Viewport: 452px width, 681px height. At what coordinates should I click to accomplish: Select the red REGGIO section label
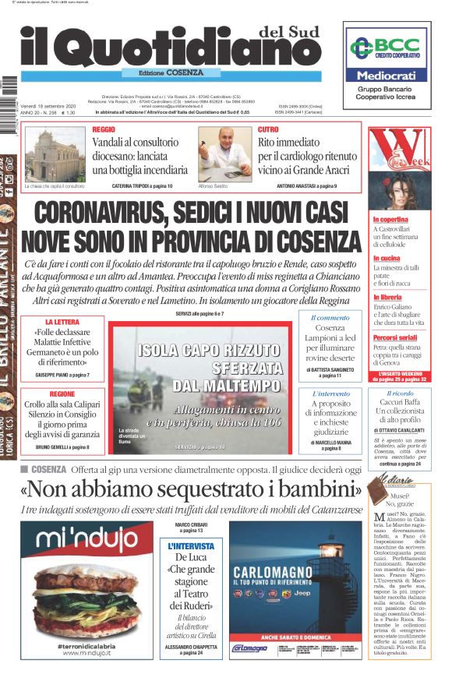point(104,129)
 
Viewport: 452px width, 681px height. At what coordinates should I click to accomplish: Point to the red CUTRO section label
point(268,129)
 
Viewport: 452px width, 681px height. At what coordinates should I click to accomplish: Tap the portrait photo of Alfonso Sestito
point(224,152)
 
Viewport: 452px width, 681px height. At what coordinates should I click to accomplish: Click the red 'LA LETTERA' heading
point(60,322)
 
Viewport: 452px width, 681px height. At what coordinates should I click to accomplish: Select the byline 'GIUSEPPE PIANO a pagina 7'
point(62,376)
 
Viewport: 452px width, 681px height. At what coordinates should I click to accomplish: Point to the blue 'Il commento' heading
point(330,318)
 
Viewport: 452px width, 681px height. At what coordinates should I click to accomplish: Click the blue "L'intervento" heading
point(330,394)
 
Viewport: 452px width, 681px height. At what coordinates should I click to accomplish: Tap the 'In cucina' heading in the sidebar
point(387,258)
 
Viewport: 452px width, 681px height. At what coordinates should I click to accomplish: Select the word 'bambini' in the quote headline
point(308,490)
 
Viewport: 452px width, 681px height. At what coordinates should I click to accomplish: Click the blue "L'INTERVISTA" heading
point(190,546)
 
